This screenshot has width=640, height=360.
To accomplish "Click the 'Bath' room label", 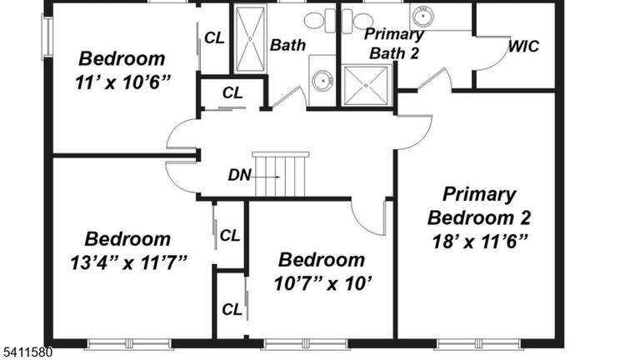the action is click(287, 45).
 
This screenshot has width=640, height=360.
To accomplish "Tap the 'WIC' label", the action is click(523, 47).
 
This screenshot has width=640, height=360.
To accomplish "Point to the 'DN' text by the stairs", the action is click(239, 175).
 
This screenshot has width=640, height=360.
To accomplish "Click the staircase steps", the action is click(280, 175).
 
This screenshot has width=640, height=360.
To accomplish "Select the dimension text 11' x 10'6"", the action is click(122, 82).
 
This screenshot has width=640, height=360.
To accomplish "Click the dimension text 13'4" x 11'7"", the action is click(128, 262).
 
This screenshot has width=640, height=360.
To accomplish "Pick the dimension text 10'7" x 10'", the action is click(322, 283).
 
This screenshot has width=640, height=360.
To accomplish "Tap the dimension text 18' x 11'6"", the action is click(480, 242).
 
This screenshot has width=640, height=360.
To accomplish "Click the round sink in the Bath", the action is click(322, 80).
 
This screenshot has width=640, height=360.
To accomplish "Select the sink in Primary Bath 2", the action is click(422, 17).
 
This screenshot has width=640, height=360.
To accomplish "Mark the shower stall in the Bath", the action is click(249, 39).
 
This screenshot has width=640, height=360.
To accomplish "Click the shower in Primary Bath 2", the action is click(366, 85).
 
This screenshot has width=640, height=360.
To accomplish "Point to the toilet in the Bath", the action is click(320, 20).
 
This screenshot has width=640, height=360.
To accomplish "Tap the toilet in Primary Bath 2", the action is click(357, 21).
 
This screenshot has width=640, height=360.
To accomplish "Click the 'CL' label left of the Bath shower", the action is click(214, 38).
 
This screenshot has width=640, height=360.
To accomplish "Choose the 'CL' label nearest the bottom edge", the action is click(232, 310).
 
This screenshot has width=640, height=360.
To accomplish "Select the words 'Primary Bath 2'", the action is click(394, 44).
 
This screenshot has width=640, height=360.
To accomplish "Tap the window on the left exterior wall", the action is click(47, 37).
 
